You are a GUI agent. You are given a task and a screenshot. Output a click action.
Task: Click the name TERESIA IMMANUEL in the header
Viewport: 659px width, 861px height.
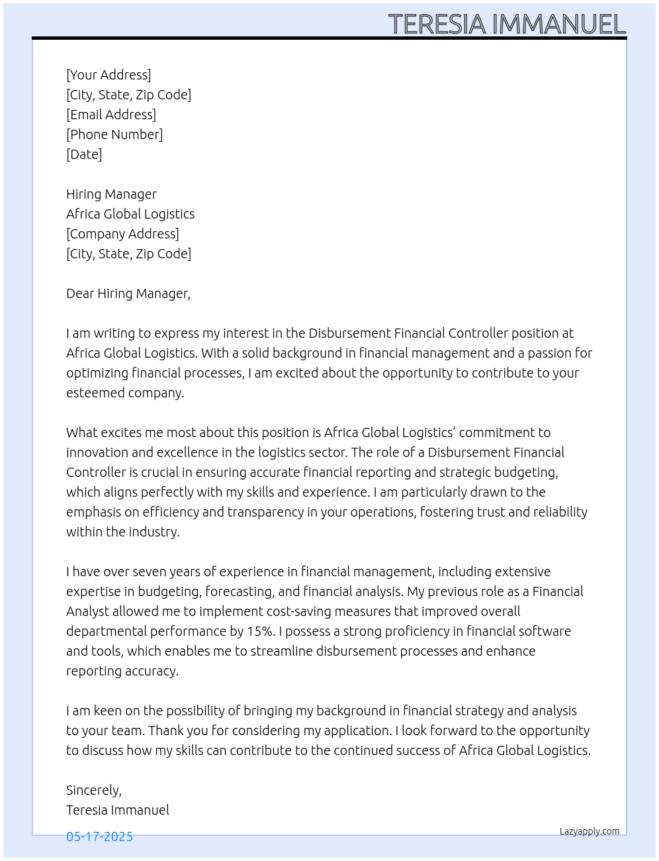(x=506, y=25)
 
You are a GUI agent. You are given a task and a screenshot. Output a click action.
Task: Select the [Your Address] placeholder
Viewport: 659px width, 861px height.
(x=109, y=75)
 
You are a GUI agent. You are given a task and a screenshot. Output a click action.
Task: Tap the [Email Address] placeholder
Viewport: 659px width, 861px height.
(x=111, y=115)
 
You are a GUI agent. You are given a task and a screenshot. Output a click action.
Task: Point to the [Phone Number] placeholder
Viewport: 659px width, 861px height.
(x=114, y=134)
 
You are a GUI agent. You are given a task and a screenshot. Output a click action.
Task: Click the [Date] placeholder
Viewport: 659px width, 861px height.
(x=84, y=154)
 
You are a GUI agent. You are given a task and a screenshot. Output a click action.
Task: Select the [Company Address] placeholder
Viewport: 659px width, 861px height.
(x=122, y=234)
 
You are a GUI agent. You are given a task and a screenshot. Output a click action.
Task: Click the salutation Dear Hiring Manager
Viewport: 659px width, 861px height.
(x=128, y=293)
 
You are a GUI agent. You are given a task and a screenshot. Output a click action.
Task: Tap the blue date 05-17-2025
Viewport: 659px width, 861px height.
(x=99, y=836)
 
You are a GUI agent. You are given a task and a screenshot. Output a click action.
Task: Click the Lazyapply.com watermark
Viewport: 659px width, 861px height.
(x=590, y=831)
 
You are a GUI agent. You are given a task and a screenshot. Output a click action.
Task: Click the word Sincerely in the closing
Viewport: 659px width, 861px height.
(x=93, y=790)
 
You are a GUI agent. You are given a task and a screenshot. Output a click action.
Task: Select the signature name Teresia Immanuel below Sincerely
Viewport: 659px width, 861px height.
(x=118, y=810)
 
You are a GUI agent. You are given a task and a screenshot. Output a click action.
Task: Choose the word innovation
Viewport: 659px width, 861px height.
(x=97, y=452)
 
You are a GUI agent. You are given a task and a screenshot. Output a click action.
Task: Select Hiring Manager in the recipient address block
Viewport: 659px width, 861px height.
(x=111, y=194)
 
